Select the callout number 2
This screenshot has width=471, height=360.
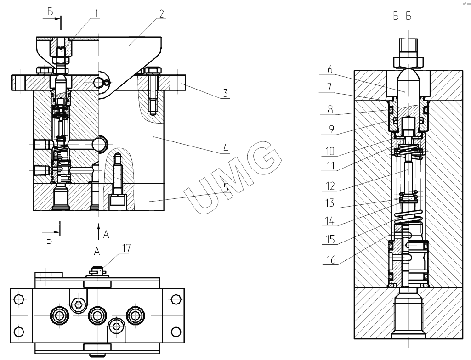tap(160, 14)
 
